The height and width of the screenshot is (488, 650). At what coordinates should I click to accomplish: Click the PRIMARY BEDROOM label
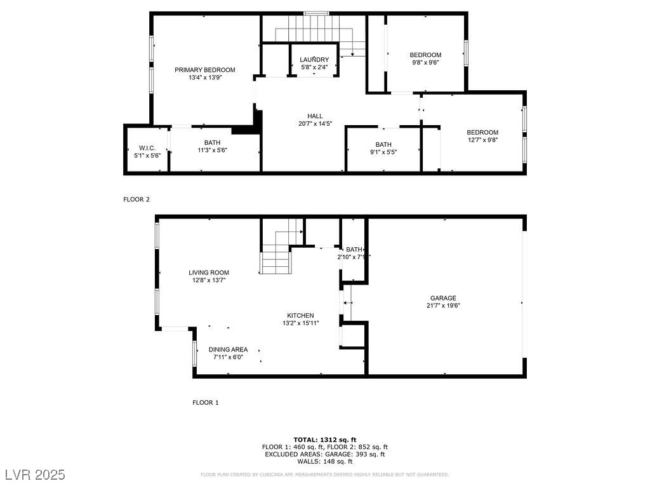205,70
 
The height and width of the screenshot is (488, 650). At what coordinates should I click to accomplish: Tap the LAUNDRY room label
314,60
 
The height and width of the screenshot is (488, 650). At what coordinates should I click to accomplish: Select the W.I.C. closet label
147,148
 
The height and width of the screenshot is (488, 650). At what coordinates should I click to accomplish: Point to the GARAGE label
443,298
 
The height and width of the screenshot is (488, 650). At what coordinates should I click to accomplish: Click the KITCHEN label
300,315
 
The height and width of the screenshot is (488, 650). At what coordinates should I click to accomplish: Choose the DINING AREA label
228,349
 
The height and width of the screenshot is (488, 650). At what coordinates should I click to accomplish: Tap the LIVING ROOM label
208,273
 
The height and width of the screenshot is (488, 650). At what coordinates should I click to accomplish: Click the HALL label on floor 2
315,116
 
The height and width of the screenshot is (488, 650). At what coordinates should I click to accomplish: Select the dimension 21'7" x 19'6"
443,306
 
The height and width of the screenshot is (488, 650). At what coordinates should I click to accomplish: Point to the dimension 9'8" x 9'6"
425,63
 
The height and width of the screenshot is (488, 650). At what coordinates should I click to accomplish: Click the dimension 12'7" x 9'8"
482,140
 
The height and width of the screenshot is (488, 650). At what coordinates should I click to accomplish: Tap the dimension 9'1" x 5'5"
383,152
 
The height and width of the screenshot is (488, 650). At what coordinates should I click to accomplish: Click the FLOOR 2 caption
136,200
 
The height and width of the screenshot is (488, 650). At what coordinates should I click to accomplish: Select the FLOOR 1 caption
205,403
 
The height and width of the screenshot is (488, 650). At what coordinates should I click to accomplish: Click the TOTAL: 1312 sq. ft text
324,440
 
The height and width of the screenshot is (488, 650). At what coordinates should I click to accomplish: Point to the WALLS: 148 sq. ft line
324,461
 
